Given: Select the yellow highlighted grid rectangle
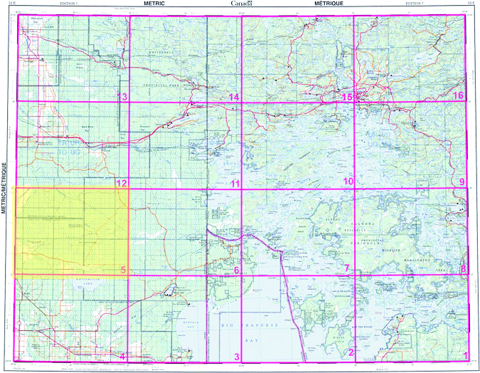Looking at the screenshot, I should pos(71,231).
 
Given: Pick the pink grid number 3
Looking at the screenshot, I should pos(237,355).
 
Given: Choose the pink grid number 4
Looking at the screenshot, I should pos(122,356).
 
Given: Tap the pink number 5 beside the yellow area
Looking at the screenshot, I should pos(123,269).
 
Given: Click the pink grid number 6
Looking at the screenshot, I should pos(236,269).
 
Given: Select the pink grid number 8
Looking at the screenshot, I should pos(463,268).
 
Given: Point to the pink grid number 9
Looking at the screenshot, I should pos(462,182).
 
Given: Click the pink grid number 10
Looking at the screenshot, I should pos(348,182).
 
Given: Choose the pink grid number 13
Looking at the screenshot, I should pos(122,96).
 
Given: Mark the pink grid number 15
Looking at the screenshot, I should pos(347,96).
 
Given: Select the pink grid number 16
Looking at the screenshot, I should pos(459,95).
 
